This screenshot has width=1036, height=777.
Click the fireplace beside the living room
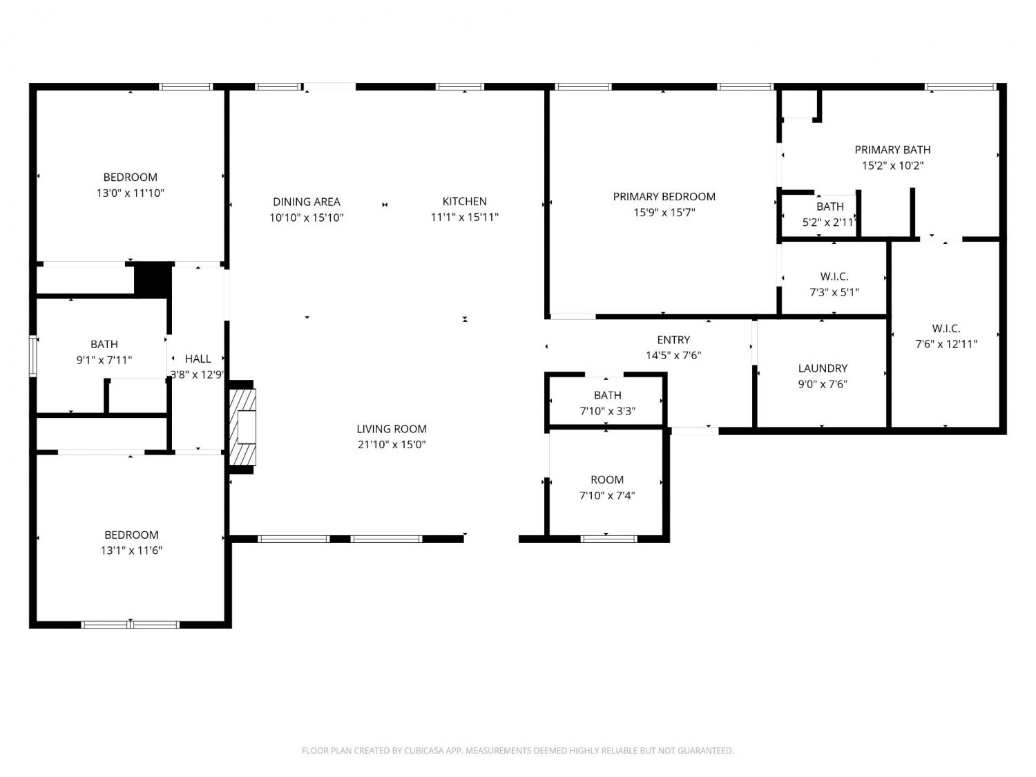tap(242, 427)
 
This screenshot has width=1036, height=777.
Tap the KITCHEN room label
tap(464, 202)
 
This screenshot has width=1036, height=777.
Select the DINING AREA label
tap(307, 202)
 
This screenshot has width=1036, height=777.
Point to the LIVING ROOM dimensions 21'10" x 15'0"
tap(392, 444)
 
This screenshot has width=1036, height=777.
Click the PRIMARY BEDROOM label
tap(664, 197)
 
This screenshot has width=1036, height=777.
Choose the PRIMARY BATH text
tap(892, 150)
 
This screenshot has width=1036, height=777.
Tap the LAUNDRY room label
tap(823, 368)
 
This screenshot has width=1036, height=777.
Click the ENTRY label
tap(673, 340)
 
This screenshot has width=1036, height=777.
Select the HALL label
tap(198, 359)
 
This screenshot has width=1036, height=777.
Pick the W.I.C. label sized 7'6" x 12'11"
tap(946, 329)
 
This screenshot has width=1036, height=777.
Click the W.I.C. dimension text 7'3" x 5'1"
tap(834, 292)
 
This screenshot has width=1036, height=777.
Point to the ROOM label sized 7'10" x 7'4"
tap(607, 480)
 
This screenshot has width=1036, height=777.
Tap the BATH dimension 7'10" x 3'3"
tap(607, 412)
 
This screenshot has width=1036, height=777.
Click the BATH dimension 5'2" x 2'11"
tap(829, 222)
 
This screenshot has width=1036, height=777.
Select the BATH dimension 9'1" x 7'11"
tap(104, 361)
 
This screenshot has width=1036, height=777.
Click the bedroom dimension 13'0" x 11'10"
tap(131, 193)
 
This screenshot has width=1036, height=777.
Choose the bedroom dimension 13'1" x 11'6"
tap(131, 550)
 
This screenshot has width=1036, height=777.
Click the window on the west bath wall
tap(32, 356)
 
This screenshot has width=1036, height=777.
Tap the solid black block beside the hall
tap(153, 280)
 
